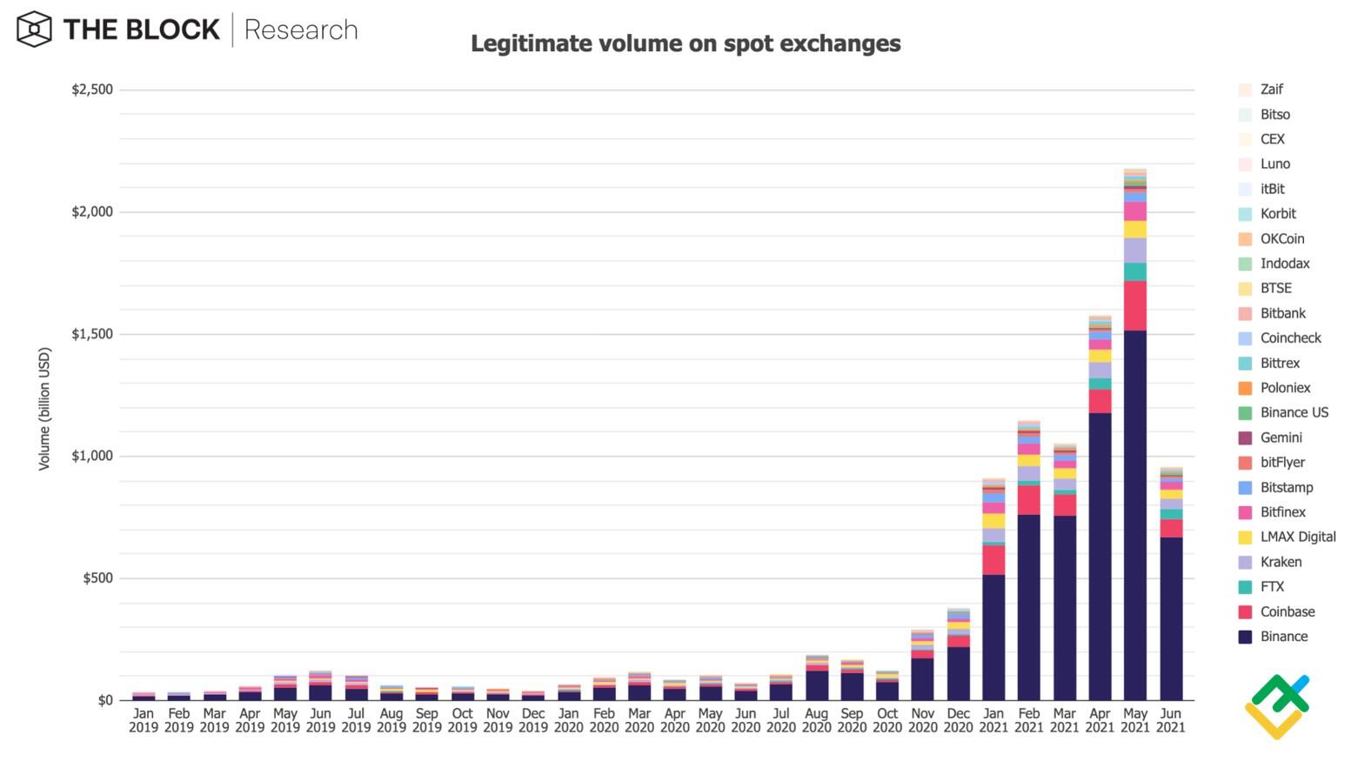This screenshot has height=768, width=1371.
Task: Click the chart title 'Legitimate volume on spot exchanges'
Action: pos(685,43)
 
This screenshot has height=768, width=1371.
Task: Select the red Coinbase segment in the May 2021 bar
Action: pos(1134,305)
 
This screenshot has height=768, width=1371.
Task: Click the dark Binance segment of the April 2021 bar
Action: pos(1100,557)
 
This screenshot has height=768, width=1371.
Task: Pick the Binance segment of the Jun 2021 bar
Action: pos(1170,618)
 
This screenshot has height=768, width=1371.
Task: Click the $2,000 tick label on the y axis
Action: pos(92,212)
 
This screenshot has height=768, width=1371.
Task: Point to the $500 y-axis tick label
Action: pos(97,578)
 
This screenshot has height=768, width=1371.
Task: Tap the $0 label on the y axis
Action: pos(105,700)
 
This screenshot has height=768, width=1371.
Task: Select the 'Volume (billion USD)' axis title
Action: pos(44,409)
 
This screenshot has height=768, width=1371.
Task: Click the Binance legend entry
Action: pos(1283,637)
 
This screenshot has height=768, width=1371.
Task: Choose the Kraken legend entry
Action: pos(1281,562)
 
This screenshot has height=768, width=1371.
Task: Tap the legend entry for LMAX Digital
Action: pos(1297,538)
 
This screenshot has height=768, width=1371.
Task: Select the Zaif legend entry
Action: pos(1271,90)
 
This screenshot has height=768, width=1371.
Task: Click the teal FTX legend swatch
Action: pos(1245,587)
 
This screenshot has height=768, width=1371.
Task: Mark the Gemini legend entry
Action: pos(1281,437)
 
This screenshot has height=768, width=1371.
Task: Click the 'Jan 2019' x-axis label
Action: pos(144,720)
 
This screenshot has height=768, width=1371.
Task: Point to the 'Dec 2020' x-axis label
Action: pos(958,720)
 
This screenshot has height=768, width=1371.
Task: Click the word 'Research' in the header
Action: pos(301,30)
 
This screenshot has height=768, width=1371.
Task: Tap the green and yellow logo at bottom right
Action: pos(1277,706)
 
